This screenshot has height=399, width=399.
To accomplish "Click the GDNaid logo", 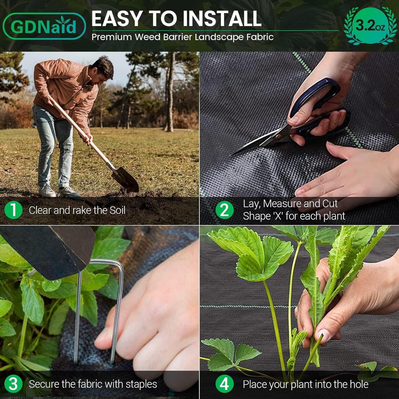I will [x=44, y=26].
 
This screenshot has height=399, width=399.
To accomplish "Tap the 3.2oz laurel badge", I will [x=370, y=26].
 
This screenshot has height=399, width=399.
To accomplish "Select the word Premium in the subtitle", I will [x=112, y=37].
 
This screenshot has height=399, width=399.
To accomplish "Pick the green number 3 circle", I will [x=13, y=384].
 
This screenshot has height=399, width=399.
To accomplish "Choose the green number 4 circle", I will [x=224, y=384].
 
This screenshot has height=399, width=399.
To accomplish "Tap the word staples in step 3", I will [x=141, y=384].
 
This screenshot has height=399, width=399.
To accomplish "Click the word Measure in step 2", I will [x=282, y=204].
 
